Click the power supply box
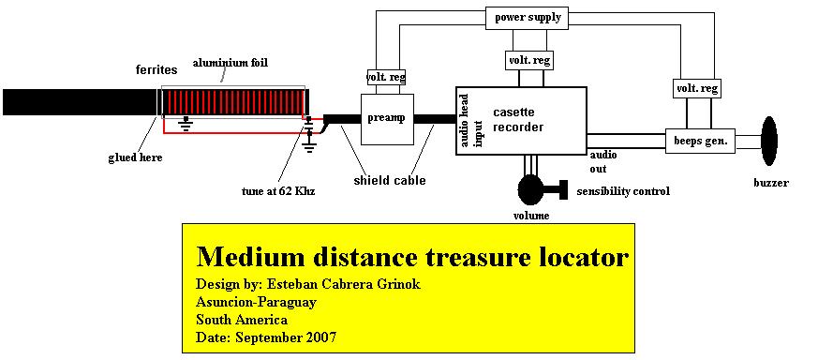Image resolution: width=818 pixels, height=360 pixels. tap(526, 18)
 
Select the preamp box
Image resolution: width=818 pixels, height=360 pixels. tap(387, 119)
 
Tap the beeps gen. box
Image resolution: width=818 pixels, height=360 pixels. tap(700, 141)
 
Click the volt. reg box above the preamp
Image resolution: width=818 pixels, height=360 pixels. tap(387, 77)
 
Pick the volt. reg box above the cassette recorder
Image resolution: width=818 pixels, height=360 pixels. tap(529, 60)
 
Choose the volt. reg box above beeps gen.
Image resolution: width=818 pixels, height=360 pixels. tap(697, 88)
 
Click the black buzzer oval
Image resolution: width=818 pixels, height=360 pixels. tap(769, 141)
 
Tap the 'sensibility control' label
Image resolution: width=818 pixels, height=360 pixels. tap(623, 191)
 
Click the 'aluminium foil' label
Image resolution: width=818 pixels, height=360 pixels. tap(231, 63)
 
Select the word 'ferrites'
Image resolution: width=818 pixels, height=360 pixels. tap(156, 69)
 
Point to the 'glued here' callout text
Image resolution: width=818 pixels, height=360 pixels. tap(135, 157)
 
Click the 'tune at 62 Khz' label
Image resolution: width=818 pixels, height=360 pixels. tap(278, 191)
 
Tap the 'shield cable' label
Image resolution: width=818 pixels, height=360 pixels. tap(390, 181)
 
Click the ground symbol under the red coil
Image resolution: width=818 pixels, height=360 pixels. tap(185, 123)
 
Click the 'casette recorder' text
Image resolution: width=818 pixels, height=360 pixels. tap(518, 119)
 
